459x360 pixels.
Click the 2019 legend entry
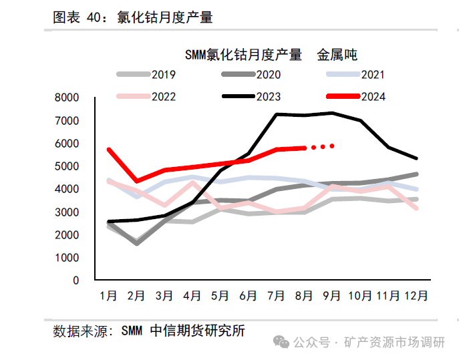pyautogui.click(x=151, y=75)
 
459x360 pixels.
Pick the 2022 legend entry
pyautogui.click(x=151, y=97)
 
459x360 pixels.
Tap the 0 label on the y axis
pyautogui.click(x=75, y=281)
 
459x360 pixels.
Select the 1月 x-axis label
pyautogui.click(x=109, y=295)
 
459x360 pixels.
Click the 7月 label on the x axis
pyautogui.click(x=277, y=295)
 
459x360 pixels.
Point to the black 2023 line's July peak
pyautogui.click(x=277, y=114)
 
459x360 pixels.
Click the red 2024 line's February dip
pyautogui.click(x=137, y=181)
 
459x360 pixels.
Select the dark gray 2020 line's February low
pyautogui.click(x=137, y=243)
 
